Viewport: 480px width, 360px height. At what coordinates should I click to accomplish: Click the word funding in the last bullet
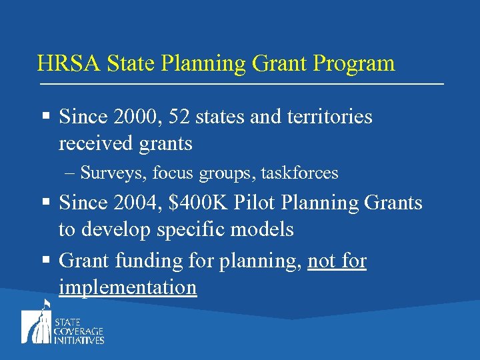(x=147, y=261)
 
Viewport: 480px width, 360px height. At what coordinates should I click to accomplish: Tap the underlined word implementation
(x=127, y=287)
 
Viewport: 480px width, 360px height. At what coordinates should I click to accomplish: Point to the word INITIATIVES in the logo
(x=79, y=340)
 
